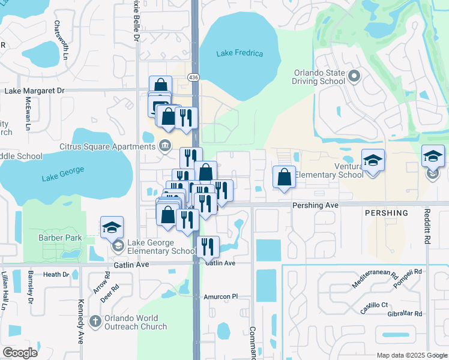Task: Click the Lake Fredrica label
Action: pyautogui.click(x=240, y=53)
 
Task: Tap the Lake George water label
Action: pyautogui.click(x=61, y=178)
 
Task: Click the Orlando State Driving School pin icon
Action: pyautogui.click(x=354, y=76)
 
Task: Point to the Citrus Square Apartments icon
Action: pyautogui.click(x=165, y=146)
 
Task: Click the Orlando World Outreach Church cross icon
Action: pyautogui.click(x=95, y=322)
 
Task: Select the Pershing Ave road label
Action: pyautogui.click(x=315, y=205)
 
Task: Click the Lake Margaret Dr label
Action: pyautogui.click(x=34, y=91)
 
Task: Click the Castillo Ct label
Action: pyautogui.click(x=374, y=305)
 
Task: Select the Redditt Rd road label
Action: pyautogui.click(x=427, y=232)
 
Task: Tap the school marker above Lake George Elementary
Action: pyautogui.click(x=112, y=227)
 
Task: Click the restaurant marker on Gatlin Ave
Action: pyautogui.click(x=208, y=246)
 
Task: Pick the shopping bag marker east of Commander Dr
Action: pyautogui.click(x=284, y=177)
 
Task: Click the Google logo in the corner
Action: pyautogui.click(x=20, y=353)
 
